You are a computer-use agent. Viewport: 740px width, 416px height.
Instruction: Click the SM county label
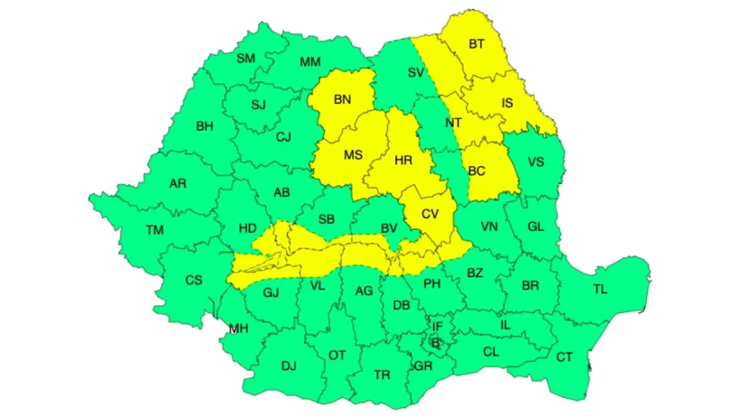[245, 59]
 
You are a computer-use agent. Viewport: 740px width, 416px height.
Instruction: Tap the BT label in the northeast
[477, 44]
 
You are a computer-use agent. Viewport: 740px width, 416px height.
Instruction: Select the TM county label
[155, 230]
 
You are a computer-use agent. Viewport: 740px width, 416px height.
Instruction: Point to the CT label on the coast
[564, 357]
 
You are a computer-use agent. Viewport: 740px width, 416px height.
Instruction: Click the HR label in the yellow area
[403, 160]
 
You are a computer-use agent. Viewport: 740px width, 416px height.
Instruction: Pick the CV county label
[430, 214]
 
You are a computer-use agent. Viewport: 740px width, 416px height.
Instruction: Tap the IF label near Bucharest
[437, 326]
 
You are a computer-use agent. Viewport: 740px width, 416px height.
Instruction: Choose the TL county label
[600, 289]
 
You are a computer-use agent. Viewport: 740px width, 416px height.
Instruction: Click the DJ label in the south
[289, 366]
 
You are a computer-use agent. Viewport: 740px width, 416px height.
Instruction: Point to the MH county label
[238, 328]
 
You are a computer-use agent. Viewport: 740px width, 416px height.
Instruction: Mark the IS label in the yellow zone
[506, 103]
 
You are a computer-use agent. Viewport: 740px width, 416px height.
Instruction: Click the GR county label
[423, 366]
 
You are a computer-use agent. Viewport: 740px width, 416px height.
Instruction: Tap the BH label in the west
[204, 126]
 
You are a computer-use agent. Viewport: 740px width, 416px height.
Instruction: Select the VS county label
[536, 163]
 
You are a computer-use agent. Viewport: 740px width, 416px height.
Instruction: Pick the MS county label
[353, 155]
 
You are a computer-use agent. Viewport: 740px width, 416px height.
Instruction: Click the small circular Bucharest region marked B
[436, 343]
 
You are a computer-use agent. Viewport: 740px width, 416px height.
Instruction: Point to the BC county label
[477, 171]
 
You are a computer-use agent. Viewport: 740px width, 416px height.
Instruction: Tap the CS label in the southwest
[194, 280]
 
